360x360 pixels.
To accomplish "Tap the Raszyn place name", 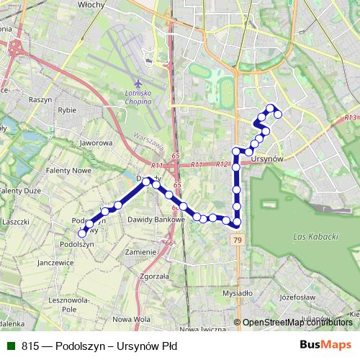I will (40, 99).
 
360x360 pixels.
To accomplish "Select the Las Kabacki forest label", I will (315, 235).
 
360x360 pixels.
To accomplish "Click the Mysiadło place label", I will (238, 293).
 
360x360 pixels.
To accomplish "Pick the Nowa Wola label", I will (132, 318).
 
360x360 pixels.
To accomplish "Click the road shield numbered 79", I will (237, 240).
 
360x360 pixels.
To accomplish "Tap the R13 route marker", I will (350, 117).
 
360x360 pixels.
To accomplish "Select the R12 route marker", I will (222, 164).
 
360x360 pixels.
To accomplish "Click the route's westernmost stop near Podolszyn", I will (82, 233).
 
